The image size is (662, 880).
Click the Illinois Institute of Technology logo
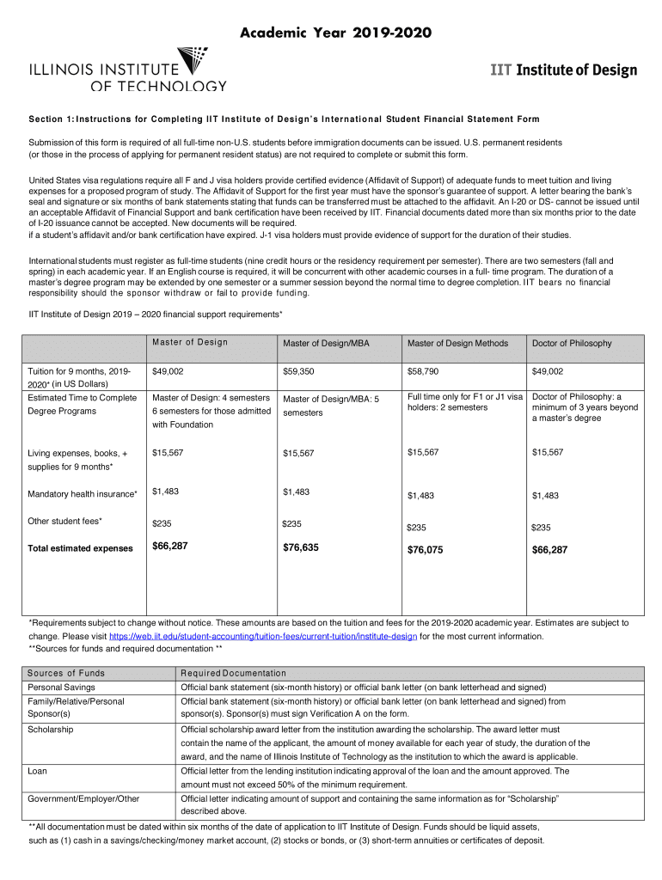coord(129,69)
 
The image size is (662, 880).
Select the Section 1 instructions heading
coord(284,119)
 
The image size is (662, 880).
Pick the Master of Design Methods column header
coord(457,344)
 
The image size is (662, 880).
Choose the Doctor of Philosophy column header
coord(572,344)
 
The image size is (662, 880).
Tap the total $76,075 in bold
coord(426,550)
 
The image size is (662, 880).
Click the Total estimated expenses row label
coord(81,548)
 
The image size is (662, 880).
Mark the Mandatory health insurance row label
coord(83,494)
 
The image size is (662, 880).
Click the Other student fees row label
coord(65,522)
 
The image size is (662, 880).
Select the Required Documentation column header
coord(233,673)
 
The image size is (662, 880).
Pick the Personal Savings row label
coord(62,687)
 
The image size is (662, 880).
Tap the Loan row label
coord(38,771)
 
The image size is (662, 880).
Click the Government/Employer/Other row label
coord(83,799)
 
